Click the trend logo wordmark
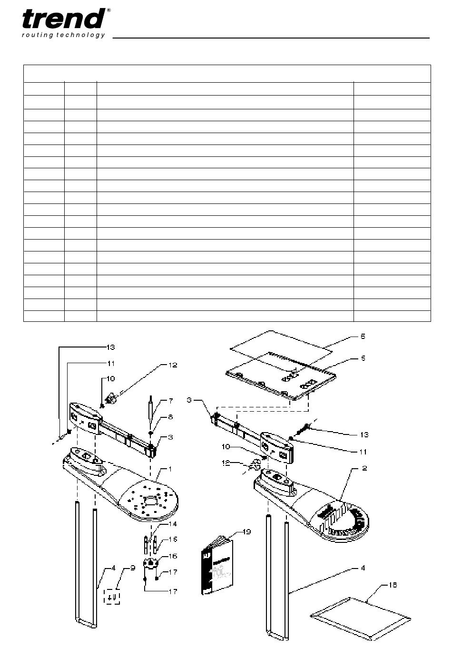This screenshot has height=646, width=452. click(x=63, y=19)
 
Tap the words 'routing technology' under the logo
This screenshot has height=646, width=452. click(x=63, y=35)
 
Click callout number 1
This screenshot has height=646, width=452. click(x=170, y=469)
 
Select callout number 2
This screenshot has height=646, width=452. click(x=364, y=468)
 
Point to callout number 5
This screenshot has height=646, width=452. click(x=364, y=358)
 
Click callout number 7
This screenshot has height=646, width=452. click(x=171, y=401)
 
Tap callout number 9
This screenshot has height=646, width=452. click(x=133, y=568)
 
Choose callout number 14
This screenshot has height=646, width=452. click(x=173, y=524)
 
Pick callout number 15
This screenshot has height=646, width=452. click(x=173, y=540)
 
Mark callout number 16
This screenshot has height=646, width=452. click(x=173, y=556)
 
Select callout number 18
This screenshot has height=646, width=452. click(x=393, y=585)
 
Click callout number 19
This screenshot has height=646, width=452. click(x=247, y=532)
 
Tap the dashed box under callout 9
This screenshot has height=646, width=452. click(x=112, y=597)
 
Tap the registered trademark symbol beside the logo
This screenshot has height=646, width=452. click(x=108, y=10)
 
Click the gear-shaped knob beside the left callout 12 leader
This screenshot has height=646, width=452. click(x=111, y=400)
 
